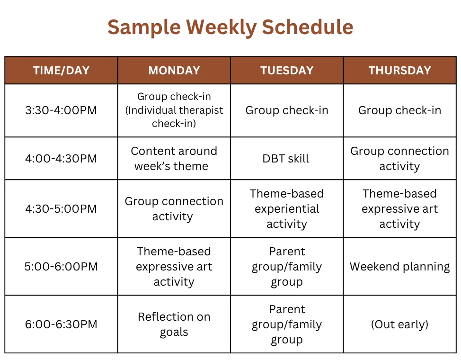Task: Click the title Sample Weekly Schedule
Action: tap(230, 27)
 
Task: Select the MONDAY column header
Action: tap(174, 71)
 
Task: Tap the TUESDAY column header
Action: tap(287, 71)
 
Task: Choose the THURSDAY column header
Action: tap(399, 71)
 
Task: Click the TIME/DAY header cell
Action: tap(61, 71)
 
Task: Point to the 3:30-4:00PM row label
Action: tap(61, 110)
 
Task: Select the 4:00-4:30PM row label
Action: tap(61, 159)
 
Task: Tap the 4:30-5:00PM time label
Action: tap(61, 209)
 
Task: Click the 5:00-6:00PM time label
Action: tap(61, 267)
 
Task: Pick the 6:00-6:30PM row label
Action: tap(61, 324)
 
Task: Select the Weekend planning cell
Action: tap(399, 267)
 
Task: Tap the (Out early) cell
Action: tap(399, 324)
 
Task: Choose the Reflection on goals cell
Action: tap(174, 324)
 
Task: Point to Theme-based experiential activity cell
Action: tap(287, 209)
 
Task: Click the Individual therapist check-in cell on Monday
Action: tap(174, 110)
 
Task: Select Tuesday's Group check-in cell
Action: tap(287, 110)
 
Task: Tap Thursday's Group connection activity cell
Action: tap(399, 159)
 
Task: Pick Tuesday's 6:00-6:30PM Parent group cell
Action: tap(287, 324)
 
